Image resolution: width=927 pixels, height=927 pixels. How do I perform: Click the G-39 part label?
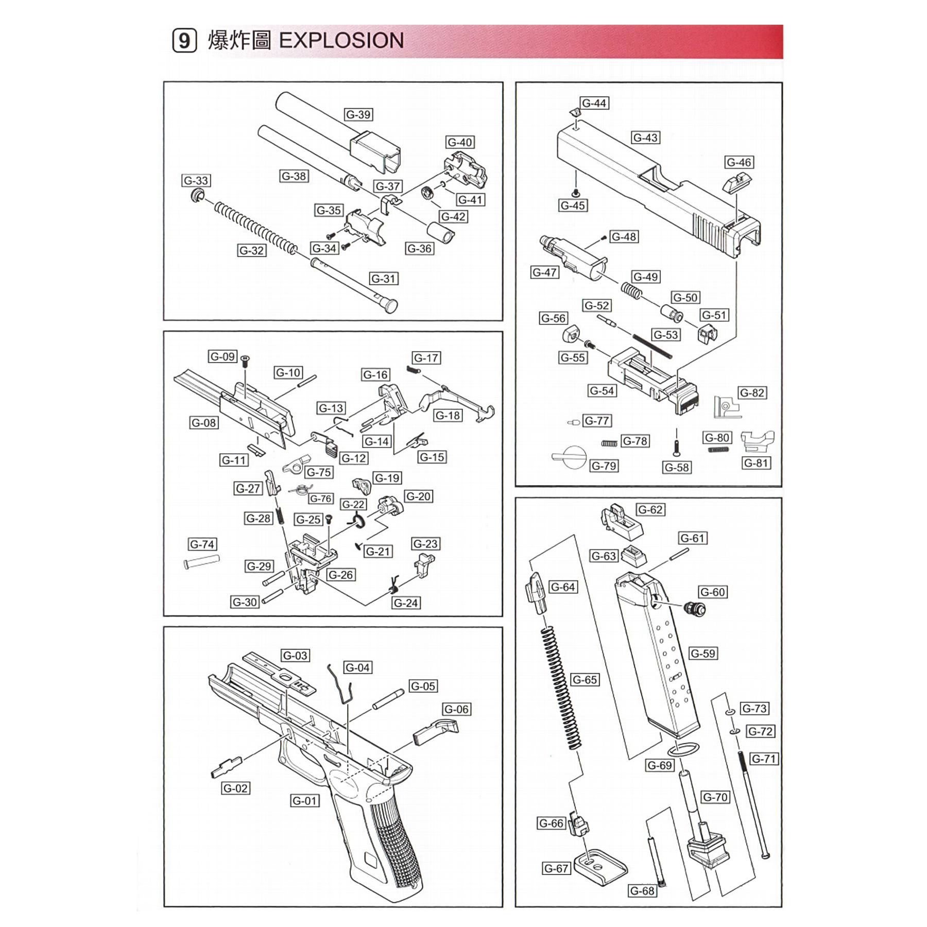tap(358, 114)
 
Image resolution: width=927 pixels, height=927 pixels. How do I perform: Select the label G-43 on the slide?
tap(645, 138)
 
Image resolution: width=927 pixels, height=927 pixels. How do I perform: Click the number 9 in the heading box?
tap(184, 41)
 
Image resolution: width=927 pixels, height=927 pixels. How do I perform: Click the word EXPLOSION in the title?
tap(341, 41)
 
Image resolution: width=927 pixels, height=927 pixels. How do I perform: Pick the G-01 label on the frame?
tap(304, 800)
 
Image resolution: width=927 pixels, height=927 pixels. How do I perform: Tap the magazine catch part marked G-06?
tap(436, 731)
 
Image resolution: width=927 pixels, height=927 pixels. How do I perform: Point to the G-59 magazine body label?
tap(703, 653)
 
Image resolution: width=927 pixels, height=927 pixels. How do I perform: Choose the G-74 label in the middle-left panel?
tap(202, 544)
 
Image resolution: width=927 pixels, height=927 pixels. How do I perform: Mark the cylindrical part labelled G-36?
tap(441, 231)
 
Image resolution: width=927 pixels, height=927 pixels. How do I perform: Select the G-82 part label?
tap(751, 392)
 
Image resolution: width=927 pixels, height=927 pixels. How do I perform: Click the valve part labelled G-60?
tap(695, 608)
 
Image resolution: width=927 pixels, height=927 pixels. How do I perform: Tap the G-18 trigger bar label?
tap(448, 415)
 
